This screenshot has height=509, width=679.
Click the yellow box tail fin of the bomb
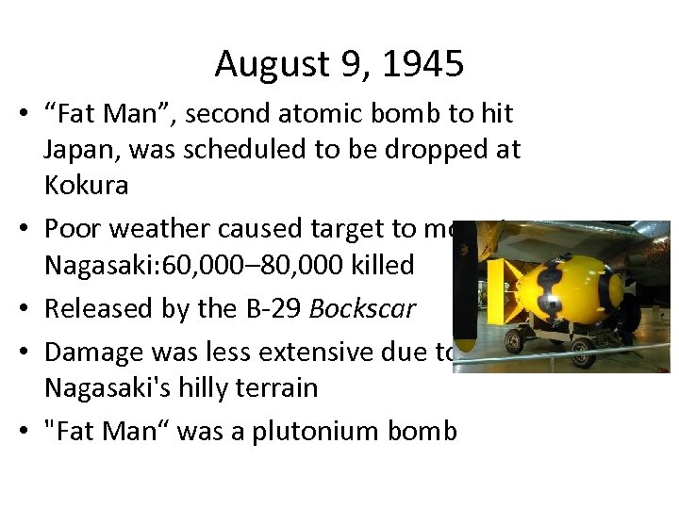pyautogui.click(x=496, y=292)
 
